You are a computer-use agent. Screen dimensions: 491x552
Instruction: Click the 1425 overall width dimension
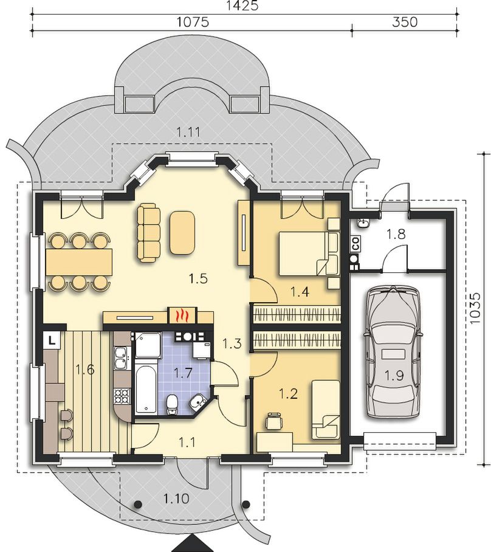(x=242, y=5)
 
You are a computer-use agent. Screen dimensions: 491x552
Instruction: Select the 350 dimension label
(x=405, y=22)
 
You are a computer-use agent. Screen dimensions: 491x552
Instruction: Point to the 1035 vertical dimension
(x=475, y=308)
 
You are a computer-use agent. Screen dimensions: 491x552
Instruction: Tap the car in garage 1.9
(x=393, y=352)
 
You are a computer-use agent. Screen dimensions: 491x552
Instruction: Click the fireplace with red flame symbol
(x=182, y=315)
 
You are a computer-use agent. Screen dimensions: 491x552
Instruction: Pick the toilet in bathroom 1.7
(x=172, y=404)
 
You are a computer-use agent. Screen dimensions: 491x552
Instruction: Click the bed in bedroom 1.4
(x=309, y=253)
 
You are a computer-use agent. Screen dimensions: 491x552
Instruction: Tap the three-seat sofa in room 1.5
(x=148, y=232)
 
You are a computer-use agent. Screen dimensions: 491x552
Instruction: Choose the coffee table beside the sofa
(x=182, y=232)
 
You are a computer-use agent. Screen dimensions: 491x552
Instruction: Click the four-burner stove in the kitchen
(x=122, y=396)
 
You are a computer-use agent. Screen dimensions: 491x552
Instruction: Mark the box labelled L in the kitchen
(x=52, y=340)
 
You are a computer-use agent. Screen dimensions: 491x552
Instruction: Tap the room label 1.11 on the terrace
(x=188, y=133)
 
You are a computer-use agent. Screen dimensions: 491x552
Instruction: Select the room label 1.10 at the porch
(x=176, y=498)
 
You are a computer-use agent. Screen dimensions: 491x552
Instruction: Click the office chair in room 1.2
(x=274, y=421)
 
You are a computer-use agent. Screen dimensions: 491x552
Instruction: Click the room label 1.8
(x=396, y=233)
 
